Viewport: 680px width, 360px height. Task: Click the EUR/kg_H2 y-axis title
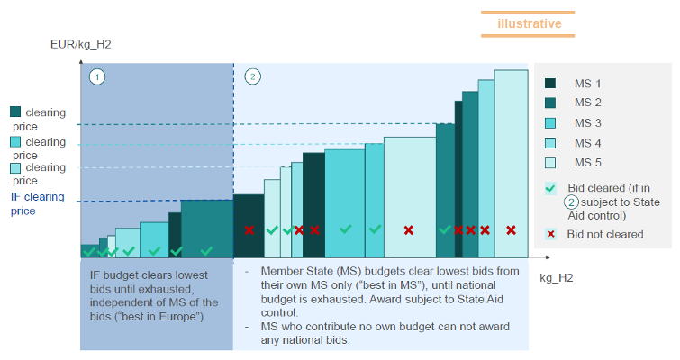tap(81, 44)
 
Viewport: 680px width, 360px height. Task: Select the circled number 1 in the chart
tap(97, 76)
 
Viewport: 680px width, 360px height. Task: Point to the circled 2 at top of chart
tap(253, 76)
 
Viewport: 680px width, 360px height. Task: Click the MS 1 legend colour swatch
tap(551, 83)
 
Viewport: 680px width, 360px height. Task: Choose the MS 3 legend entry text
tap(587, 122)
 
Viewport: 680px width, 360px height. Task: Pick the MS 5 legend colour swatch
tap(551, 163)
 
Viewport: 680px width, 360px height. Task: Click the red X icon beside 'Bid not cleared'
tap(551, 234)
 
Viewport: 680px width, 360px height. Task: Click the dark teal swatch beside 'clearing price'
tap(15, 112)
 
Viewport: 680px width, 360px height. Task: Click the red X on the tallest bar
tap(511, 230)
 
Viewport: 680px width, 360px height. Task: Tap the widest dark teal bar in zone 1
tap(206, 229)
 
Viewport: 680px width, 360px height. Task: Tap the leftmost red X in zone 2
tap(249, 230)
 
